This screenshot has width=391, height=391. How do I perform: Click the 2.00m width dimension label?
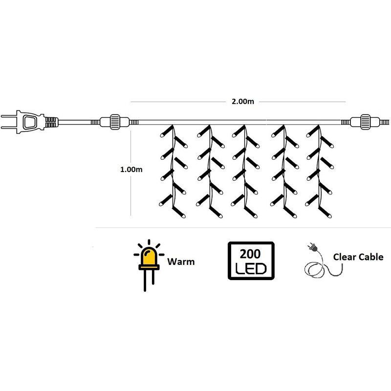pos(242,102)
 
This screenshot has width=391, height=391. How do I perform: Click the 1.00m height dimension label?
pos(131,170)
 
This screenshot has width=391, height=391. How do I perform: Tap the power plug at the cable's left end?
pos(29,122)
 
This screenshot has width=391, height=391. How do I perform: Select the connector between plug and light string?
pos(114,122)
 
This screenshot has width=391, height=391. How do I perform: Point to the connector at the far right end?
pos(365,122)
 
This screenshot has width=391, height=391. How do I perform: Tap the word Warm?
pos(181,261)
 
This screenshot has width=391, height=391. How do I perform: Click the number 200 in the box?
pos(250,254)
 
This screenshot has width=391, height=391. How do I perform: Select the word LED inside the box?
pos(251,268)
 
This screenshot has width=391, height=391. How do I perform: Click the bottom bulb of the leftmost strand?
pos(179,213)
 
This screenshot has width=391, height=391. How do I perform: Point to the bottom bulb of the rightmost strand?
pos(325,213)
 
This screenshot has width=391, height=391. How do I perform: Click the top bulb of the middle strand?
pos(239,131)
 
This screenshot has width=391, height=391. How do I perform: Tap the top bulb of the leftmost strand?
pos(167,131)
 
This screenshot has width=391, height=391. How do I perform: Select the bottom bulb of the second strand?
pos(216,213)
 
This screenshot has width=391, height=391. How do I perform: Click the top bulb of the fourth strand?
pos(278,131)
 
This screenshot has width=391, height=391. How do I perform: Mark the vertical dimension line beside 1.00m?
pos(130,174)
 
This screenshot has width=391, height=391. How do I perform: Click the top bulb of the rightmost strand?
pos(313,131)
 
